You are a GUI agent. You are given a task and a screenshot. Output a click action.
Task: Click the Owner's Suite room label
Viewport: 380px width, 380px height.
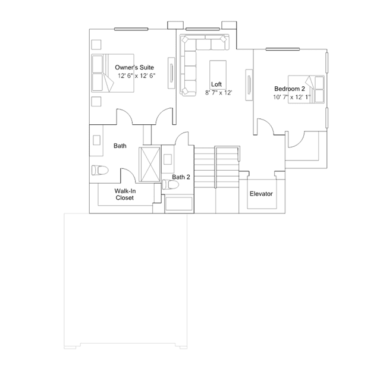(134, 67)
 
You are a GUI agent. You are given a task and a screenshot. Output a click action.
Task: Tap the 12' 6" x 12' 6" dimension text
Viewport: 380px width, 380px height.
(136, 76)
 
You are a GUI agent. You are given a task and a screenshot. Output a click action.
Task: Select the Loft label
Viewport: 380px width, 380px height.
(216, 84)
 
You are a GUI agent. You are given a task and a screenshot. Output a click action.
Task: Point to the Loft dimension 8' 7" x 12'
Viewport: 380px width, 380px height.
(219, 93)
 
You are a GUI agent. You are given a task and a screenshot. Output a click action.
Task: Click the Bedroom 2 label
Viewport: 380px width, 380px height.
(290, 89)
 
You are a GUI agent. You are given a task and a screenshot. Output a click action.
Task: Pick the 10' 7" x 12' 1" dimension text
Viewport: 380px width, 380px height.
(292, 97)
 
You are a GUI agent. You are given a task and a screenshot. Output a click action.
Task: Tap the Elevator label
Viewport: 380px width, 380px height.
(261, 194)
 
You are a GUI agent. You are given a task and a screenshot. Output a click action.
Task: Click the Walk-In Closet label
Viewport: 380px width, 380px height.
(125, 194)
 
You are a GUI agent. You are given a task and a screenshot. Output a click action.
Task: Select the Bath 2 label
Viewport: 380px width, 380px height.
(181, 177)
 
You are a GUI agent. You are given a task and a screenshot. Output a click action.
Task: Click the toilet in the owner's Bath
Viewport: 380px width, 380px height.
(100, 170)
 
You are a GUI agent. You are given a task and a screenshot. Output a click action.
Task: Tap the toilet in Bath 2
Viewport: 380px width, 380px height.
(170, 184)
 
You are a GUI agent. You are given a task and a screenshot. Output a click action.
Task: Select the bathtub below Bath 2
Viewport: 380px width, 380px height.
(179, 204)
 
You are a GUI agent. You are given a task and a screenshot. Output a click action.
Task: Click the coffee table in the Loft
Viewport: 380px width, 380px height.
(218, 71)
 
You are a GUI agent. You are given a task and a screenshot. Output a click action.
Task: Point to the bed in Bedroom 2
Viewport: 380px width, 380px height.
(306, 89)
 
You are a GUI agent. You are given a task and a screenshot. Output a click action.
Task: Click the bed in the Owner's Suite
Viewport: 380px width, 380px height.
(112, 73)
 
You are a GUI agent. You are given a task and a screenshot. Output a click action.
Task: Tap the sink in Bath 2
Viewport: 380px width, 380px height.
(168, 159)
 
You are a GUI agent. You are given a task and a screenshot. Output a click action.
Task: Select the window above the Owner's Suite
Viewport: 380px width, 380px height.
(131, 29)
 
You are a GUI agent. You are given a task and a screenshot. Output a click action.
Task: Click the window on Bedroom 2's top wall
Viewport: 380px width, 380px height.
(283, 49)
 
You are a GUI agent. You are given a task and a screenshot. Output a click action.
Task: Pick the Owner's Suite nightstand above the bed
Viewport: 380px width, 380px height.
(96, 45)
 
